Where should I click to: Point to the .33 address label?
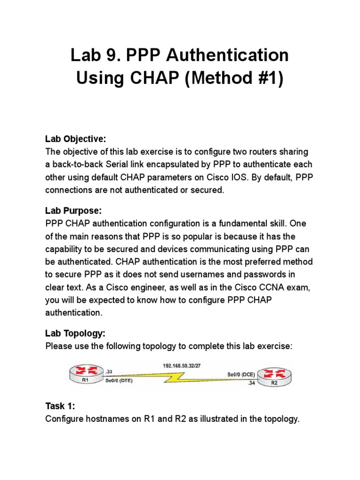coord(109,371)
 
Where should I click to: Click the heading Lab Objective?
coord(75,139)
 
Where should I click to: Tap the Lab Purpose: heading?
coord(73,211)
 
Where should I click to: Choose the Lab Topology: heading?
coord(75,333)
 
